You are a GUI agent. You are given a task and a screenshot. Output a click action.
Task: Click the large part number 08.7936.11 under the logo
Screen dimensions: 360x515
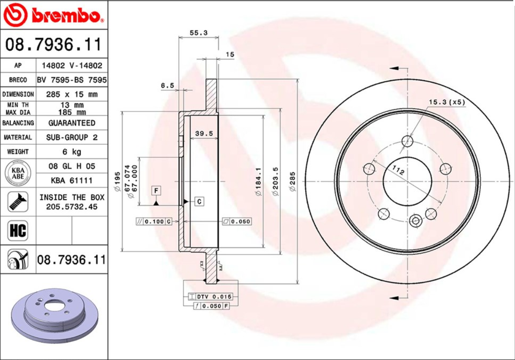click(x=53, y=45)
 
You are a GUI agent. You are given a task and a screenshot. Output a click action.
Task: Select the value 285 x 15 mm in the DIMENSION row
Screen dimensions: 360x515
click(x=72, y=94)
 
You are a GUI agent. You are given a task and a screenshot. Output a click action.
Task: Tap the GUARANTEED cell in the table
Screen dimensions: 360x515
click(x=72, y=123)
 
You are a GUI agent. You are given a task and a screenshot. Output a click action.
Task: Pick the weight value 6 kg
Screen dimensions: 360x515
click(x=72, y=152)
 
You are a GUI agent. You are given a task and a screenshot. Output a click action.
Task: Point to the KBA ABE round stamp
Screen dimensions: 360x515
click(x=17, y=173)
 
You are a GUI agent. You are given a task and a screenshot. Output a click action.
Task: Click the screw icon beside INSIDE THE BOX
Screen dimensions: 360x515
click(x=18, y=202)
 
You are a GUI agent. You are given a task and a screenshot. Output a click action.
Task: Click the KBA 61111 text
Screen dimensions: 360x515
click(x=72, y=180)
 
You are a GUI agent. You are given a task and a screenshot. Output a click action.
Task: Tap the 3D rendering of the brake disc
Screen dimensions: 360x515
click(x=53, y=317)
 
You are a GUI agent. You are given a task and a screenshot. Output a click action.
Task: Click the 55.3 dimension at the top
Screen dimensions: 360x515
click(x=198, y=33)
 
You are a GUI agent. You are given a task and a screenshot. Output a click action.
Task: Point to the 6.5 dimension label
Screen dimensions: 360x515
click(x=167, y=86)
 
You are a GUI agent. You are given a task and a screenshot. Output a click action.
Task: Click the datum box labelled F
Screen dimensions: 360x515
click(x=156, y=191)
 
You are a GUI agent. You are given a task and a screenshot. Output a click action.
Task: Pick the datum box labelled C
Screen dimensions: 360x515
click(x=200, y=202)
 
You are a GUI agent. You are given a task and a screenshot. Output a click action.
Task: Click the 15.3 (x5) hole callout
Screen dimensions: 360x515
click(x=446, y=102)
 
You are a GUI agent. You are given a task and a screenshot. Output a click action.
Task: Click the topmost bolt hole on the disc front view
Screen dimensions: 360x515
click(x=407, y=141)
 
